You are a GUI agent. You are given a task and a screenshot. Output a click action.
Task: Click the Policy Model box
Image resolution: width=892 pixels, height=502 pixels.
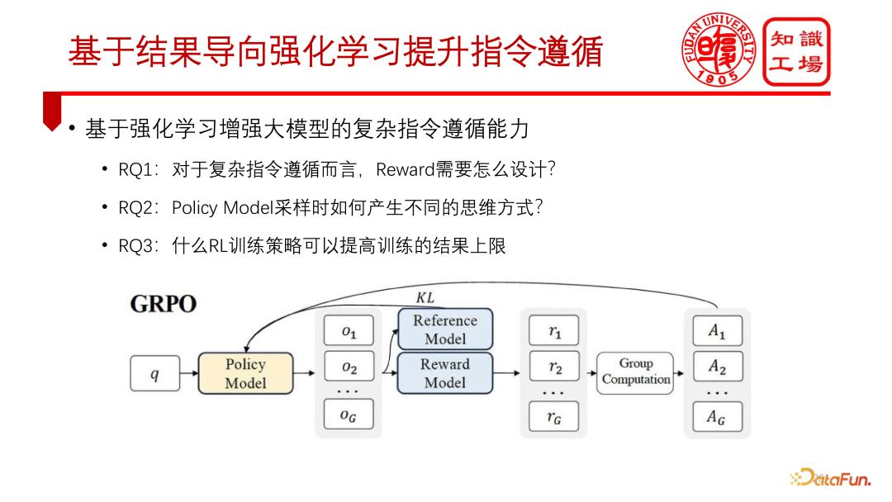pyautogui.click(x=245, y=373)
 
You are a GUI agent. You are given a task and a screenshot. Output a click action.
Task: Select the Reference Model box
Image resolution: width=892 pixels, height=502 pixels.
pyautogui.click(x=445, y=329)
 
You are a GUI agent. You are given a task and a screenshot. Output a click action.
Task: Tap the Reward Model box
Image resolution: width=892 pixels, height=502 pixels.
pyautogui.click(x=445, y=373)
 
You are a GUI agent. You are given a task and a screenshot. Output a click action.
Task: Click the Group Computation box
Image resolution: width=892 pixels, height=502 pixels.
pyautogui.click(x=635, y=372)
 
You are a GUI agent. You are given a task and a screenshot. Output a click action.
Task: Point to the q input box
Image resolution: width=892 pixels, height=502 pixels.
pyautogui.click(x=154, y=374)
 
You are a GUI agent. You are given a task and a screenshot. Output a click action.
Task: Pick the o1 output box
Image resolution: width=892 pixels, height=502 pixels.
pyautogui.click(x=349, y=331)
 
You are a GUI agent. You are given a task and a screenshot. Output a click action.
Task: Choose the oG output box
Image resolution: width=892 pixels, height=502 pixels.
pyautogui.click(x=349, y=415)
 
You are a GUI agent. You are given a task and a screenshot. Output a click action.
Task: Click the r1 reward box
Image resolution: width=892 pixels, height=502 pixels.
pyautogui.click(x=553, y=331)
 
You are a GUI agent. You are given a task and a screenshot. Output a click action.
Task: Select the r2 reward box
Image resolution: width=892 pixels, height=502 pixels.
pyautogui.click(x=553, y=367)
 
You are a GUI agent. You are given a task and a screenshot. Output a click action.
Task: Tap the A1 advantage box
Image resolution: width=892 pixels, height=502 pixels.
pyautogui.click(x=717, y=331)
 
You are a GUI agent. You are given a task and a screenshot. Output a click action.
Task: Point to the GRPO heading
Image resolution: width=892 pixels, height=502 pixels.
pyautogui.click(x=164, y=305)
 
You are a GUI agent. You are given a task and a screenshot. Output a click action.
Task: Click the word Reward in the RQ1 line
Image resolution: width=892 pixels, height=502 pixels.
pyautogui.click(x=405, y=170)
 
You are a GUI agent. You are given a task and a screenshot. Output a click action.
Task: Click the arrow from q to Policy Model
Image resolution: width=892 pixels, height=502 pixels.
pyautogui.click(x=188, y=374)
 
